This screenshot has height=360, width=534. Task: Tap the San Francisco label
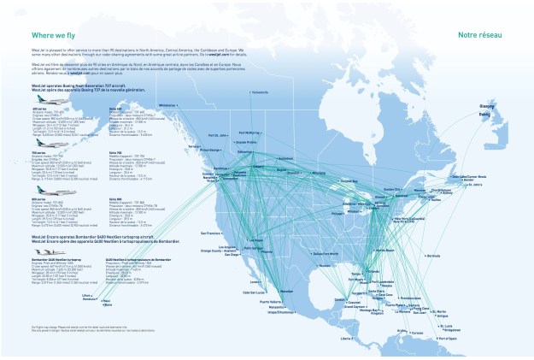click(x=209, y=233)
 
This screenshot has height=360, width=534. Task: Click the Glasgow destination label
click(x=475, y=108)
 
